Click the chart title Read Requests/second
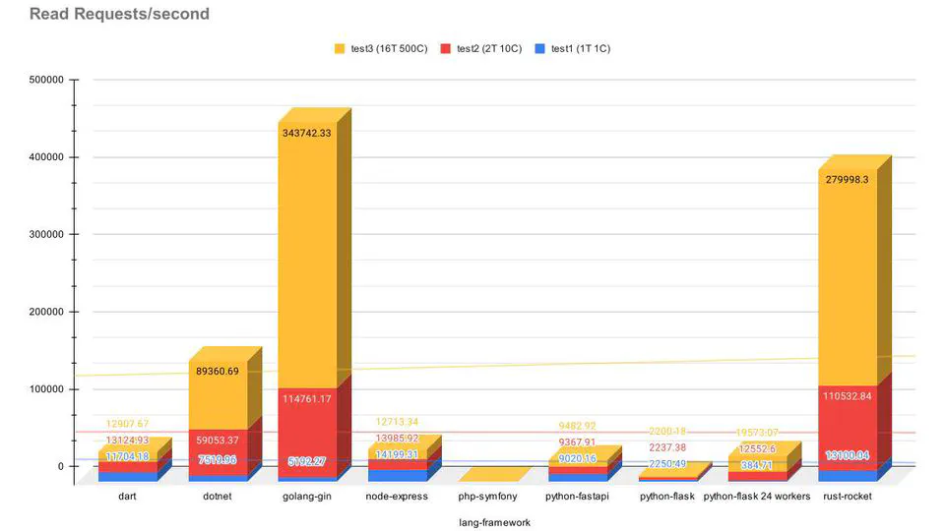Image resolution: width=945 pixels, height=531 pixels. pos(119,15)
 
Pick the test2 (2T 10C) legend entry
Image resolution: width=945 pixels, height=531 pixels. pos(483,48)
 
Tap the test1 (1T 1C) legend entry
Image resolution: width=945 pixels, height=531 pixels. pos(574,48)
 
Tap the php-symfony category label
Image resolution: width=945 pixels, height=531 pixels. pos(487,497)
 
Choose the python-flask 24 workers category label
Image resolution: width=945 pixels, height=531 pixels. pos(757,497)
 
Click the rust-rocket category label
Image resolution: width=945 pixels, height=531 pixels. pos(848,497)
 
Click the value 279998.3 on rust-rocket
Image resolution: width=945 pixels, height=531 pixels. pos(848,179)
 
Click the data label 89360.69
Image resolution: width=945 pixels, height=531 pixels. pos(218,372)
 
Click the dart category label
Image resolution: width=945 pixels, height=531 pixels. pos(126,497)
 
